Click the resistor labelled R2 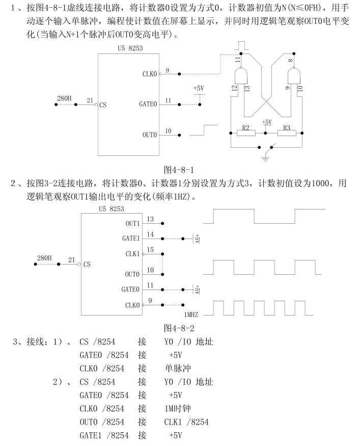[x=246, y=134]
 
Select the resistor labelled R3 [x=286, y=134]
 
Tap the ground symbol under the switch [x=265, y=159]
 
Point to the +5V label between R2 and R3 [x=266, y=122]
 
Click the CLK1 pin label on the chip [x=132, y=253]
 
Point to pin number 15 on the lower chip [x=150, y=249]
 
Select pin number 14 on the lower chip [x=150, y=234]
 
